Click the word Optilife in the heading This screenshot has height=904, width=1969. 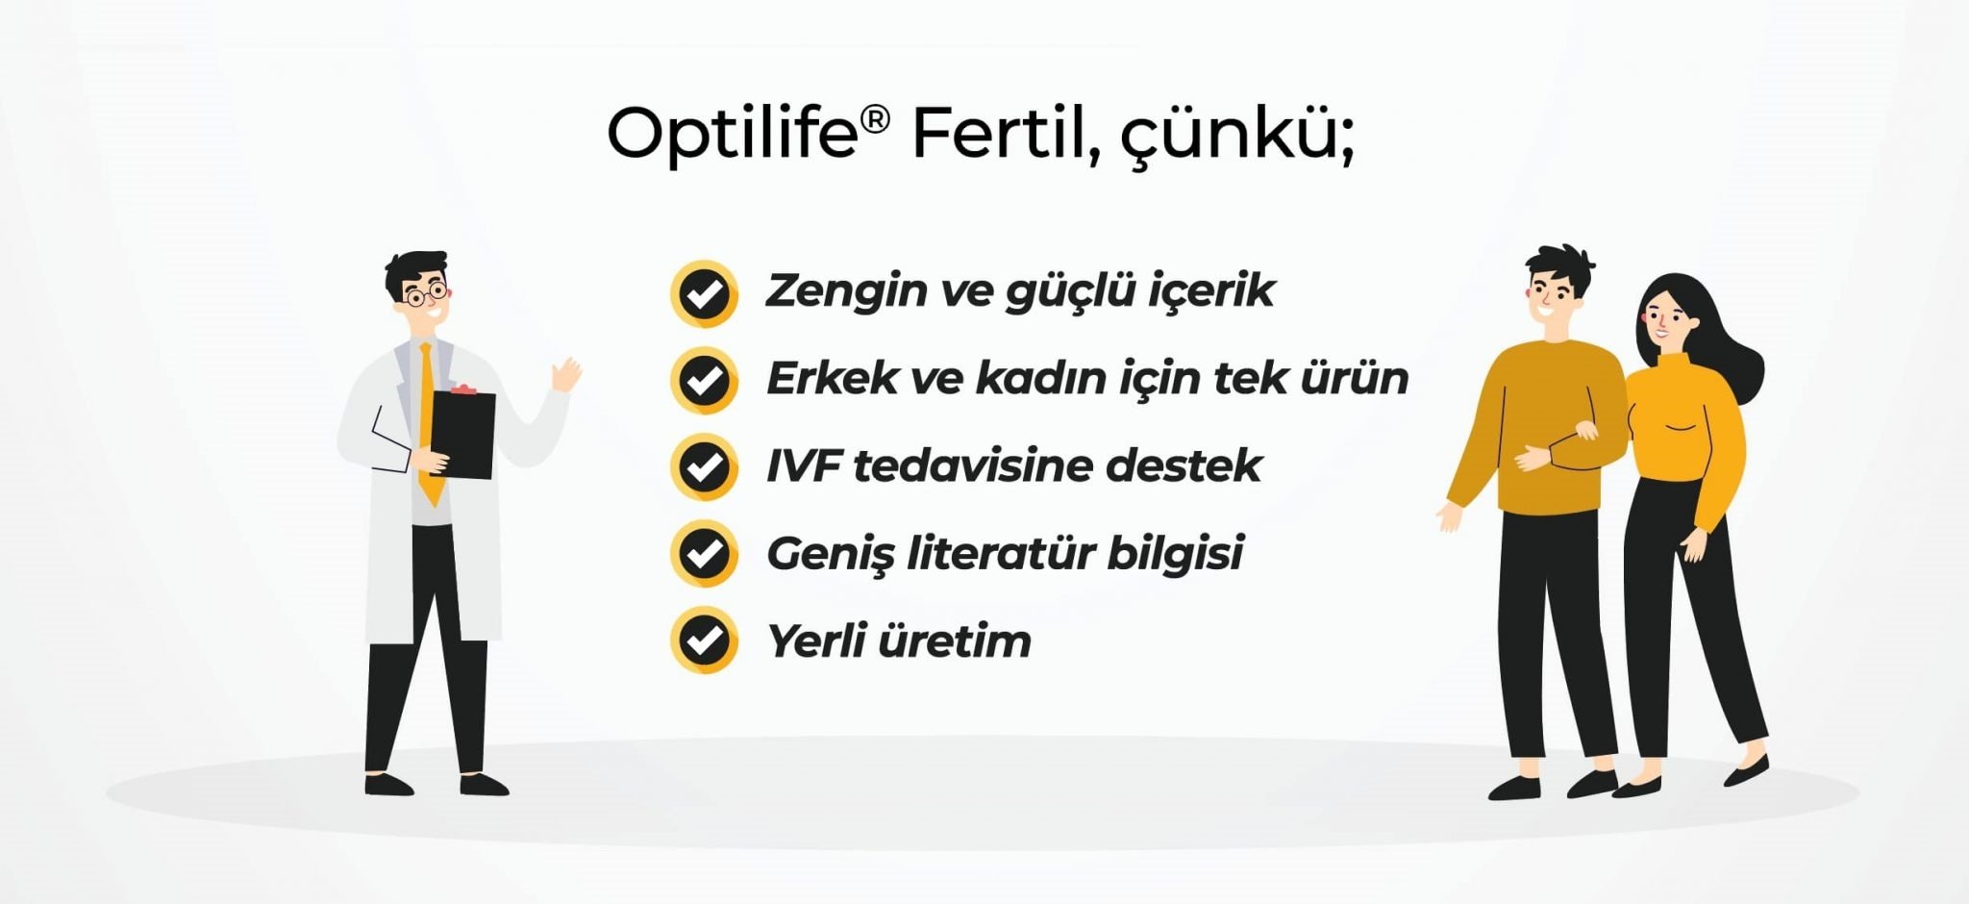[732, 136]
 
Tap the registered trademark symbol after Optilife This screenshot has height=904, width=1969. [875, 120]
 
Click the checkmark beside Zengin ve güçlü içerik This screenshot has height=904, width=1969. [704, 293]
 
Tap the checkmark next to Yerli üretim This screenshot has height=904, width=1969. [704, 640]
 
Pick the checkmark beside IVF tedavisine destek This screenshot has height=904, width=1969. [704, 466]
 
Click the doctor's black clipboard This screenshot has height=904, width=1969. [462, 435]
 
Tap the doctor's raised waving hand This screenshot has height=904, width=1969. [568, 374]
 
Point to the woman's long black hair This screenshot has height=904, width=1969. [1717, 337]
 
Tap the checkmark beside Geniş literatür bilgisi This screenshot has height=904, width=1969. [704, 553]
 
